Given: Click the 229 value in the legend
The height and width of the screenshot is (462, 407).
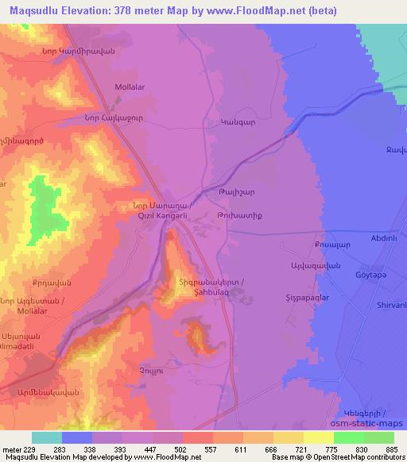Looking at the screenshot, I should click(x=32, y=449).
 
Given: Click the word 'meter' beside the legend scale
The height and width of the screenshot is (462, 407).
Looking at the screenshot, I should click(x=11, y=449).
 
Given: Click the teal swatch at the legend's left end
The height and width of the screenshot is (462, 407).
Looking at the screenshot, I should click(x=47, y=437).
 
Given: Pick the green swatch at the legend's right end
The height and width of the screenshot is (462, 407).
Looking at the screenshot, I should click(x=378, y=437).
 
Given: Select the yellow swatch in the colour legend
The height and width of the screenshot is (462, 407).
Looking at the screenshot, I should click(x=318, y=437).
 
